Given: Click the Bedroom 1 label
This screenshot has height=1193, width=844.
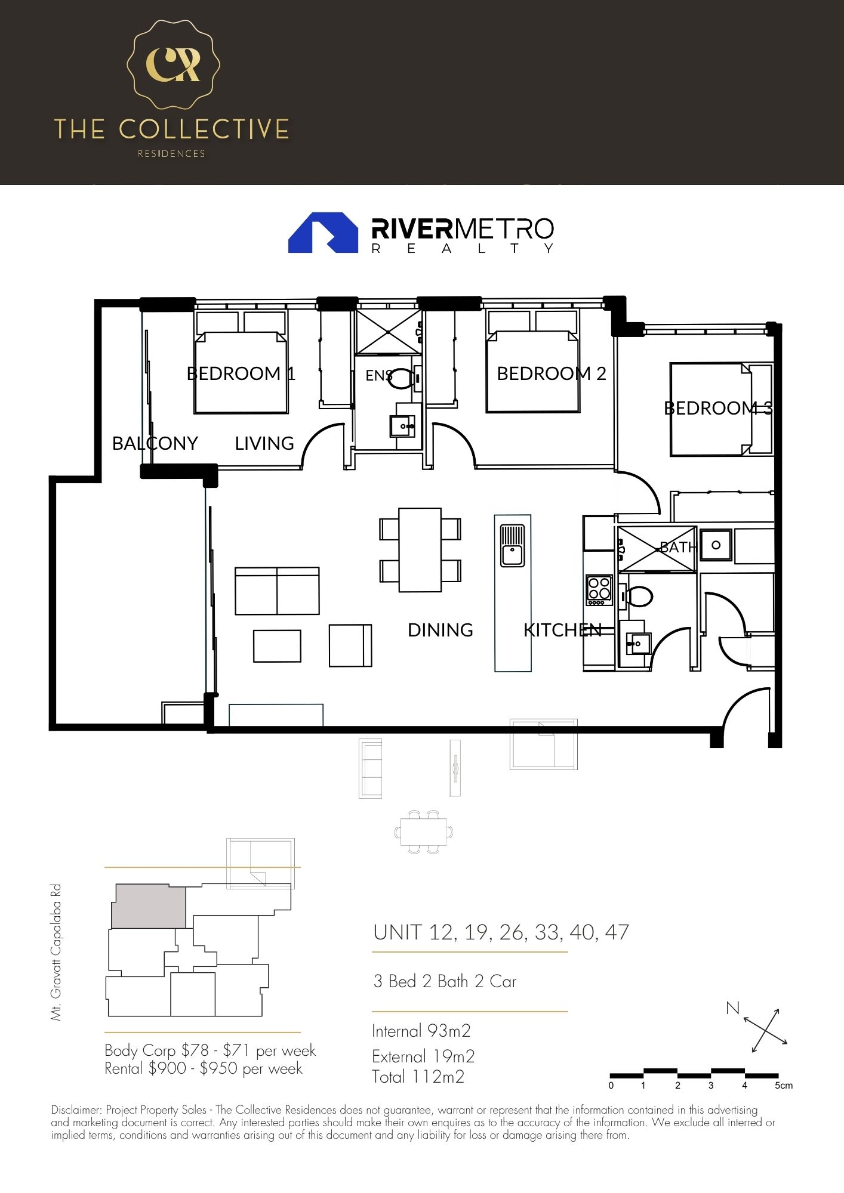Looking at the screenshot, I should coord(241,373).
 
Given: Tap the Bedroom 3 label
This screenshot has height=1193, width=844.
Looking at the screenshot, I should coord(718,408).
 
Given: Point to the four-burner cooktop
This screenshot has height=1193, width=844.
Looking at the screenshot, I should coord(599,589).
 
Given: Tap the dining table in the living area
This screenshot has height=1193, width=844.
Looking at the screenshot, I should coord(420,549).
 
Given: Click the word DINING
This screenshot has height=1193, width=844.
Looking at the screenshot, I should coord(440,630).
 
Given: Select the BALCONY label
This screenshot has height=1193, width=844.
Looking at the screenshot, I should coord(155,443).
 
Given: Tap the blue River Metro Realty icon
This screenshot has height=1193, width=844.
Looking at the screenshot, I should coord(323,233).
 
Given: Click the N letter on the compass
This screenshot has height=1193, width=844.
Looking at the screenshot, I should coord(732,1008).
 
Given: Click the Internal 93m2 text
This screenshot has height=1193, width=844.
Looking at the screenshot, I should coord(421,1031).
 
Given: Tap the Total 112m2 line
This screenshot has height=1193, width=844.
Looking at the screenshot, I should coord(418,1077).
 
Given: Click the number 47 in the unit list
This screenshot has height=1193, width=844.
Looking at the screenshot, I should coord(617,932).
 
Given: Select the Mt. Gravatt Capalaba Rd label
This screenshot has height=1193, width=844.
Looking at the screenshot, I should coord(56,952).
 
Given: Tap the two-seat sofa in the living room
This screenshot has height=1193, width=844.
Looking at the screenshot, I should coord(277,591).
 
